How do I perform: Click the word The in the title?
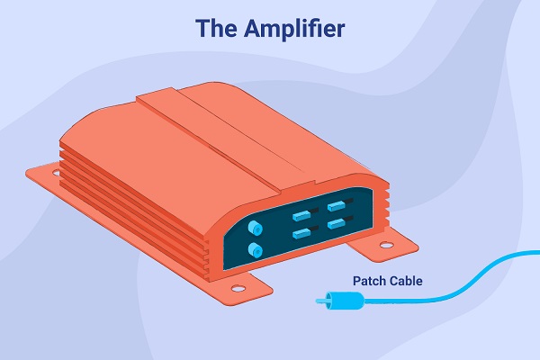[x=216, y=28]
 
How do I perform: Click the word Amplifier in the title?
[x=294, y=29]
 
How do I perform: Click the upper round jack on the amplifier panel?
[x=255, y=228]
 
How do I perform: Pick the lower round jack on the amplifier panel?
[x=255, y=250]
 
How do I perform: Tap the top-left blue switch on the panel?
[x=301, y=216]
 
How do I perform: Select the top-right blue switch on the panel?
[x=337, y=206]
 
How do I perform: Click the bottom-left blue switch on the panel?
[x=301, y=233]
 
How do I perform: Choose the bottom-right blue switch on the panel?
[x=337, y=223]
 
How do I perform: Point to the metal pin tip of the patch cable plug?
[x=320, y=301]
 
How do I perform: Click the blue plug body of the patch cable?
[x=345, y=301]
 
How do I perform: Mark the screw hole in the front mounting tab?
[x=238, y=288]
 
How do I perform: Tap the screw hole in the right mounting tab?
[x=386, y=246]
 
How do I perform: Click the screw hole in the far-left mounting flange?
[x=56, y=173]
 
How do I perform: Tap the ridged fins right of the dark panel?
[x=383, y=207]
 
